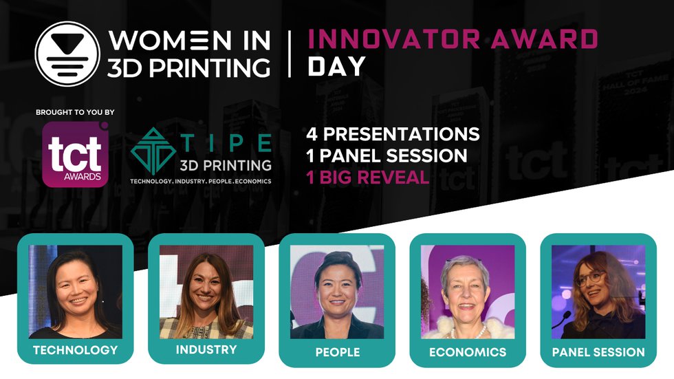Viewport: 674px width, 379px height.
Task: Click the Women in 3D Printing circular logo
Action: pos(67,54)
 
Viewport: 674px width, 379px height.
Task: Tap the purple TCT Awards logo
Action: pos(76,154)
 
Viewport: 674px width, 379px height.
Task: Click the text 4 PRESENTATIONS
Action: pos(393,133)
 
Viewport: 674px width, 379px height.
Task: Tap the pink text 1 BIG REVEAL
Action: pos(368,177)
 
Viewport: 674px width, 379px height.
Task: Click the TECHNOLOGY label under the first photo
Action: pos(76,349)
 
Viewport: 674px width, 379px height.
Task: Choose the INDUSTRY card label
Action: pos(206,349)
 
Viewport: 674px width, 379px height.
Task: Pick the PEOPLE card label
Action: pos(337,352)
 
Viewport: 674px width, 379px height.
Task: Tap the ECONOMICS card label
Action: pos(468,352)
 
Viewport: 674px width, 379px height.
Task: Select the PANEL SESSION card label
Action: pos(598,352)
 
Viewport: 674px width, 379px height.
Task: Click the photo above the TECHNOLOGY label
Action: pos(76,292)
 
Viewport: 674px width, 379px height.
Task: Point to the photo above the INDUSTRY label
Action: pos(206,292)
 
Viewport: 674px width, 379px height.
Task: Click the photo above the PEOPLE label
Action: pos(337,292)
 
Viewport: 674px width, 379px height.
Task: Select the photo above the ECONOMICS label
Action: pos(468,292)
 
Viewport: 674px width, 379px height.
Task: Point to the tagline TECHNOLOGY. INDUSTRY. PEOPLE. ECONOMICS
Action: pos(201,181)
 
